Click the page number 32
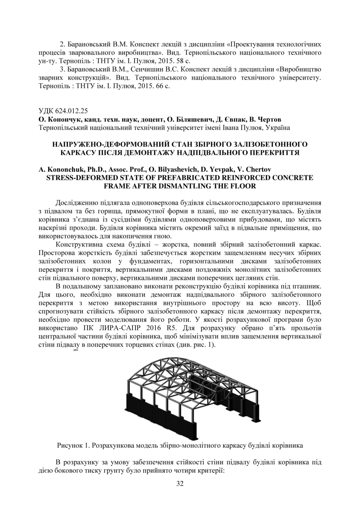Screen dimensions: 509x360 (x=180, y=483)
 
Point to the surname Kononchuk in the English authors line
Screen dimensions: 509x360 (x=67, y=170)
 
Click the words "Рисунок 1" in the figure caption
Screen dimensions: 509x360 (x=72, y=445)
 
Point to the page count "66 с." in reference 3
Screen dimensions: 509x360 (x=161, y=86)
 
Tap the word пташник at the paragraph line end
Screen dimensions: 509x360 (x=307, y=286)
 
